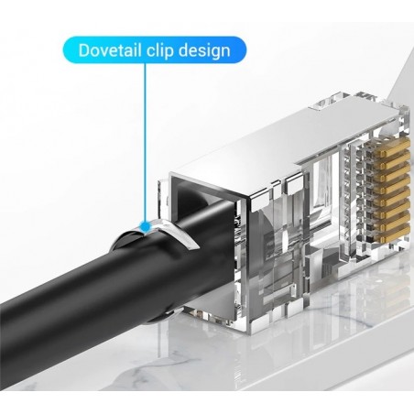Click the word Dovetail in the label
[109, 49]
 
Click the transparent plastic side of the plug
[275, 247]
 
